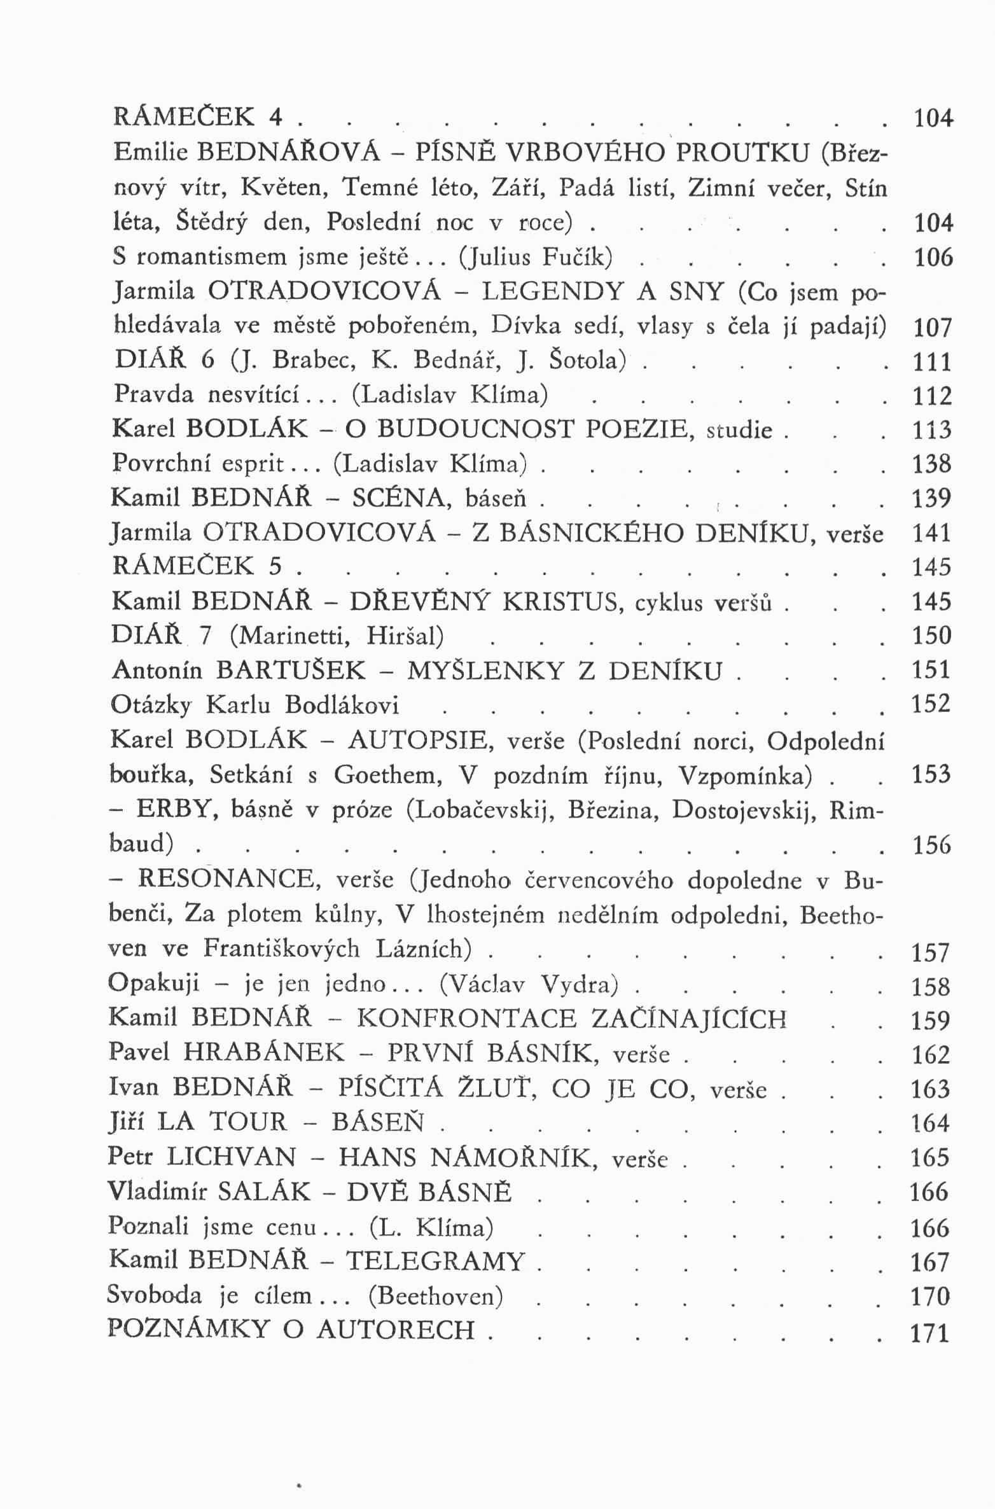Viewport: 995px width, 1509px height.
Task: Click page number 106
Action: (933, 258)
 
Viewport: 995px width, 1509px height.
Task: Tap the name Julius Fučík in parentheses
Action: (539, 257)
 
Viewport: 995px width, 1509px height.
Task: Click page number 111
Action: (932, 362)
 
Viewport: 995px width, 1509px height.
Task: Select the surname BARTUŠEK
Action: (291, 671)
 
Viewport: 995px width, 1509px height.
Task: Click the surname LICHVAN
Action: (231, 1157)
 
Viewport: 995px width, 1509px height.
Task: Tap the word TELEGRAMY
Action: (436, 1262)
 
